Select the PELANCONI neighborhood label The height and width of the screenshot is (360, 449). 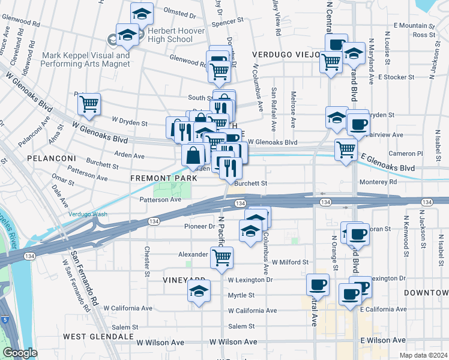click(51, 158)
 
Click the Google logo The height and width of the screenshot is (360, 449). click(20, 353)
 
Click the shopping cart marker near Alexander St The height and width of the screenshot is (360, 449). click(222, 257)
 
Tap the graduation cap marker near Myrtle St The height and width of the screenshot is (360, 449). click(198, 293)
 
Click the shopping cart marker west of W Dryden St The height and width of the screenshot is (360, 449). click(89, 104)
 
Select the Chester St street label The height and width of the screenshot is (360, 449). click(147, 261)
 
